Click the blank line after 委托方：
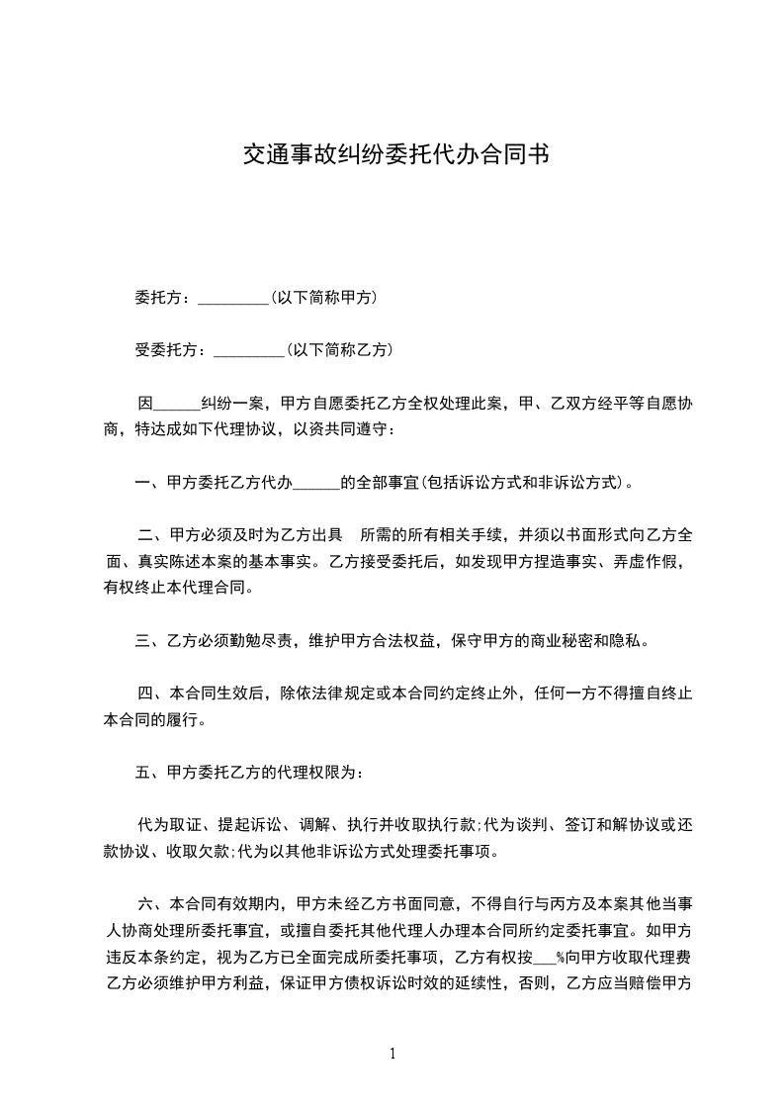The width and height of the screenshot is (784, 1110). (233, 298)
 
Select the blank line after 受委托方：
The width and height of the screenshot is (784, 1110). (249, 350)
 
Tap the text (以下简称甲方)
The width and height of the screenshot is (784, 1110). (321, 297)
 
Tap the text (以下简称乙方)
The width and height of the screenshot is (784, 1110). (337, 349)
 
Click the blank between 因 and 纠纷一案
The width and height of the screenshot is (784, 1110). (178, 404)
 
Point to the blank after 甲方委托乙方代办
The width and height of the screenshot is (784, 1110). (317, 484)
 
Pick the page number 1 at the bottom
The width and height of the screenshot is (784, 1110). (392, 1054)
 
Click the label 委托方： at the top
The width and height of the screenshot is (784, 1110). (164, 297)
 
